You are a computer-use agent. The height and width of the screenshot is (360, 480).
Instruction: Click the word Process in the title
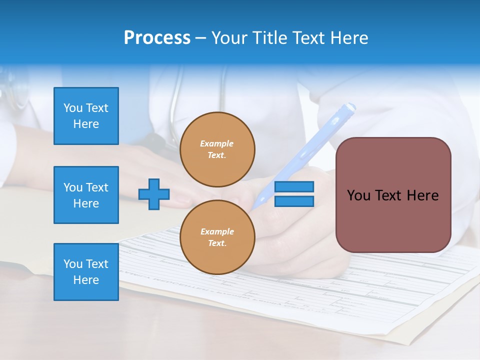[157, 38]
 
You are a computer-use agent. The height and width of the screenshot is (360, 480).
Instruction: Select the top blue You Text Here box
[86, 116]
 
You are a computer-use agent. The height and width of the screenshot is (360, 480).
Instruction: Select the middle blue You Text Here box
[86, 195]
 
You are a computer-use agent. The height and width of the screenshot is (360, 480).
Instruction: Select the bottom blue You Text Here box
[86, 272]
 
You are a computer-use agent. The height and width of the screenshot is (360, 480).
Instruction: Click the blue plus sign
[154, 193]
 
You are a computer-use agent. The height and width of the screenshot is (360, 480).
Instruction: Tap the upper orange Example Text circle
[217, 149]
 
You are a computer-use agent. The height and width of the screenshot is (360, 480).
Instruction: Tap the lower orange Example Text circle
[217, 237]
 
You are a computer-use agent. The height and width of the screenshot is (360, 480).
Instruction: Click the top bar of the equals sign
[294, 187]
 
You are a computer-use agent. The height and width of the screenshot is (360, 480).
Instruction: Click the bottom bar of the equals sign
[294, 201]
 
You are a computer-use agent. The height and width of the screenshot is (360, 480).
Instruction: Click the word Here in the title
[348, 38]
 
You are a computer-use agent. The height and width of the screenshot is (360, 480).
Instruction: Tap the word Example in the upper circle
[217, 143]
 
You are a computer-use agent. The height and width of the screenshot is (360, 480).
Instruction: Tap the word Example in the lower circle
[217, 231]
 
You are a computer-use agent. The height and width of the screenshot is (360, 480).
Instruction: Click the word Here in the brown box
[423, 195]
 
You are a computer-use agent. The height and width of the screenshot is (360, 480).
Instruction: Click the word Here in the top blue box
[86, 124]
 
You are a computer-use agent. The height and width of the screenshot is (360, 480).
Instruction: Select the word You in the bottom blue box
[73, 264]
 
